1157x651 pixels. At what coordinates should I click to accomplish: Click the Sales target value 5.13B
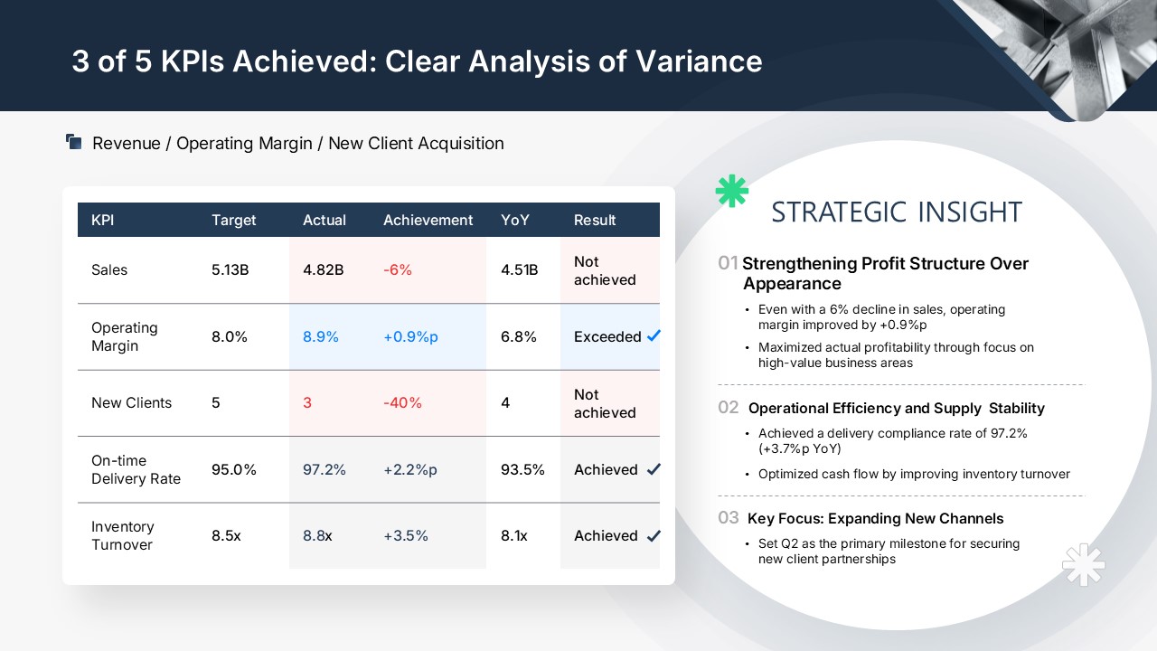230,269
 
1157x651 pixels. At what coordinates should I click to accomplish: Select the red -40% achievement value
402,402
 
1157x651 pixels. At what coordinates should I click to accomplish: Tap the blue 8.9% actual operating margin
320,336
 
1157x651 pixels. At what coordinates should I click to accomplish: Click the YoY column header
515,220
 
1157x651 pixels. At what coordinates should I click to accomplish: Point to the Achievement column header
428,220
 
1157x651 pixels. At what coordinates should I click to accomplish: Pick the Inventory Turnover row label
122,535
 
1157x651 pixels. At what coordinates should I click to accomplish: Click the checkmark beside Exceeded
654,335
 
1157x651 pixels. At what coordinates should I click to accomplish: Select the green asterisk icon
732,191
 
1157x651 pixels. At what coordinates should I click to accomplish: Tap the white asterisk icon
1084,565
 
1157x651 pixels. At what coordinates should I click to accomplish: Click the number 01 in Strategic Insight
728,263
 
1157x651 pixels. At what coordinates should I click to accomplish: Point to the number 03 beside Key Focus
729,518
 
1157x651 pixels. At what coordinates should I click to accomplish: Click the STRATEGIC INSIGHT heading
897,212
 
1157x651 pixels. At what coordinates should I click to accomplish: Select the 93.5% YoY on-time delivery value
522,469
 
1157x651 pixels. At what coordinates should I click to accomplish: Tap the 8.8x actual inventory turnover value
317,535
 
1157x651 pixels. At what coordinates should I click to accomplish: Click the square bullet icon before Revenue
74,142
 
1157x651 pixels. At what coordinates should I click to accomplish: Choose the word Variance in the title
699,61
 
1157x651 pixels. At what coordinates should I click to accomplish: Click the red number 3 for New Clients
307,402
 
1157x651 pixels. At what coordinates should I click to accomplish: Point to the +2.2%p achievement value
410,469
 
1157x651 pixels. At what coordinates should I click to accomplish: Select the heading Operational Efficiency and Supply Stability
896,408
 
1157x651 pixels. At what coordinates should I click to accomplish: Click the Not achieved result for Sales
605,270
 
